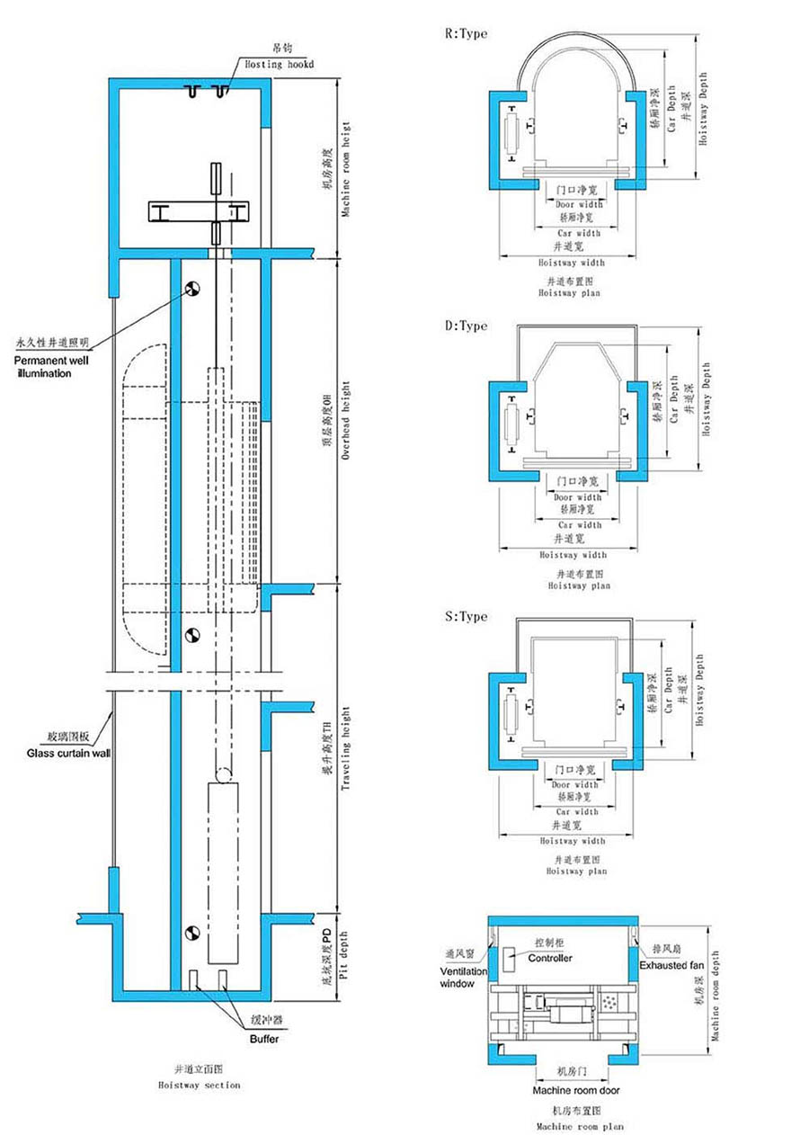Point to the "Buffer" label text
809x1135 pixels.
tap(264, 1039)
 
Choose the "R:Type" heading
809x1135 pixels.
tap(467, 33)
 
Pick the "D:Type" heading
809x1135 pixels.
tap(467, 326)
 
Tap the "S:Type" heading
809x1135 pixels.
tap(467, 616)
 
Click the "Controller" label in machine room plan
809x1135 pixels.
tap(550, 959)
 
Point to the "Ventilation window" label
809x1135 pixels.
tap(464, 978)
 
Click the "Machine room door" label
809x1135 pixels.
tap(575, 1091)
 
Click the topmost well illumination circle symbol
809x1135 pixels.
tap(191, 288)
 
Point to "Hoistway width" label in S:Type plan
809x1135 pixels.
tap(572, 841)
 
